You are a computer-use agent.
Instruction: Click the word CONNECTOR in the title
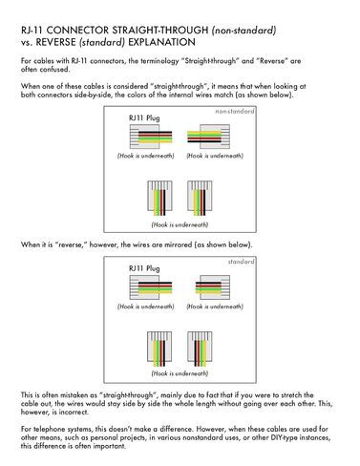pyautogui.click(x=78, y=31)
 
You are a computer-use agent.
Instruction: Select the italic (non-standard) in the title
pyautogui.click(x=244, y=31)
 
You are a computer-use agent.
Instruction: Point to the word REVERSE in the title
pyautogui.click(x=55, y=42)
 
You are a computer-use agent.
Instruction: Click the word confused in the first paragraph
pyautogui.click(x=54, y=69)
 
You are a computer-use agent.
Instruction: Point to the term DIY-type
pyautogui.click(x=284, y=437)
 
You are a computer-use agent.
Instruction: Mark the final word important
pyautogui.click(x=109, y=446)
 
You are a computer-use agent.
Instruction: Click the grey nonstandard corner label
pyautogui.click(x=235, y=112)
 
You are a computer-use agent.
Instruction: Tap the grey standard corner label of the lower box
pyautogui.click(x=241, y=262)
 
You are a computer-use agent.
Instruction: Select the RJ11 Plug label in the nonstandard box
pyautogui.click(x=144, y=118)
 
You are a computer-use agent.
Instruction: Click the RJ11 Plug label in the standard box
pyautogui.click(x=144, y=268)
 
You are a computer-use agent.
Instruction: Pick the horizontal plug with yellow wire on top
pyautogui.click(x=208, y=137)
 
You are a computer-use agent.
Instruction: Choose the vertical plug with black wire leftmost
pyautogui.click(x=200, y=348)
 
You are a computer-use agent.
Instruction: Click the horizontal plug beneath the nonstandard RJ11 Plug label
pyautogui.click(x=151, y=137)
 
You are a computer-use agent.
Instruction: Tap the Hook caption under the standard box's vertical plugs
pyautogui.click(x=180, y=373)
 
